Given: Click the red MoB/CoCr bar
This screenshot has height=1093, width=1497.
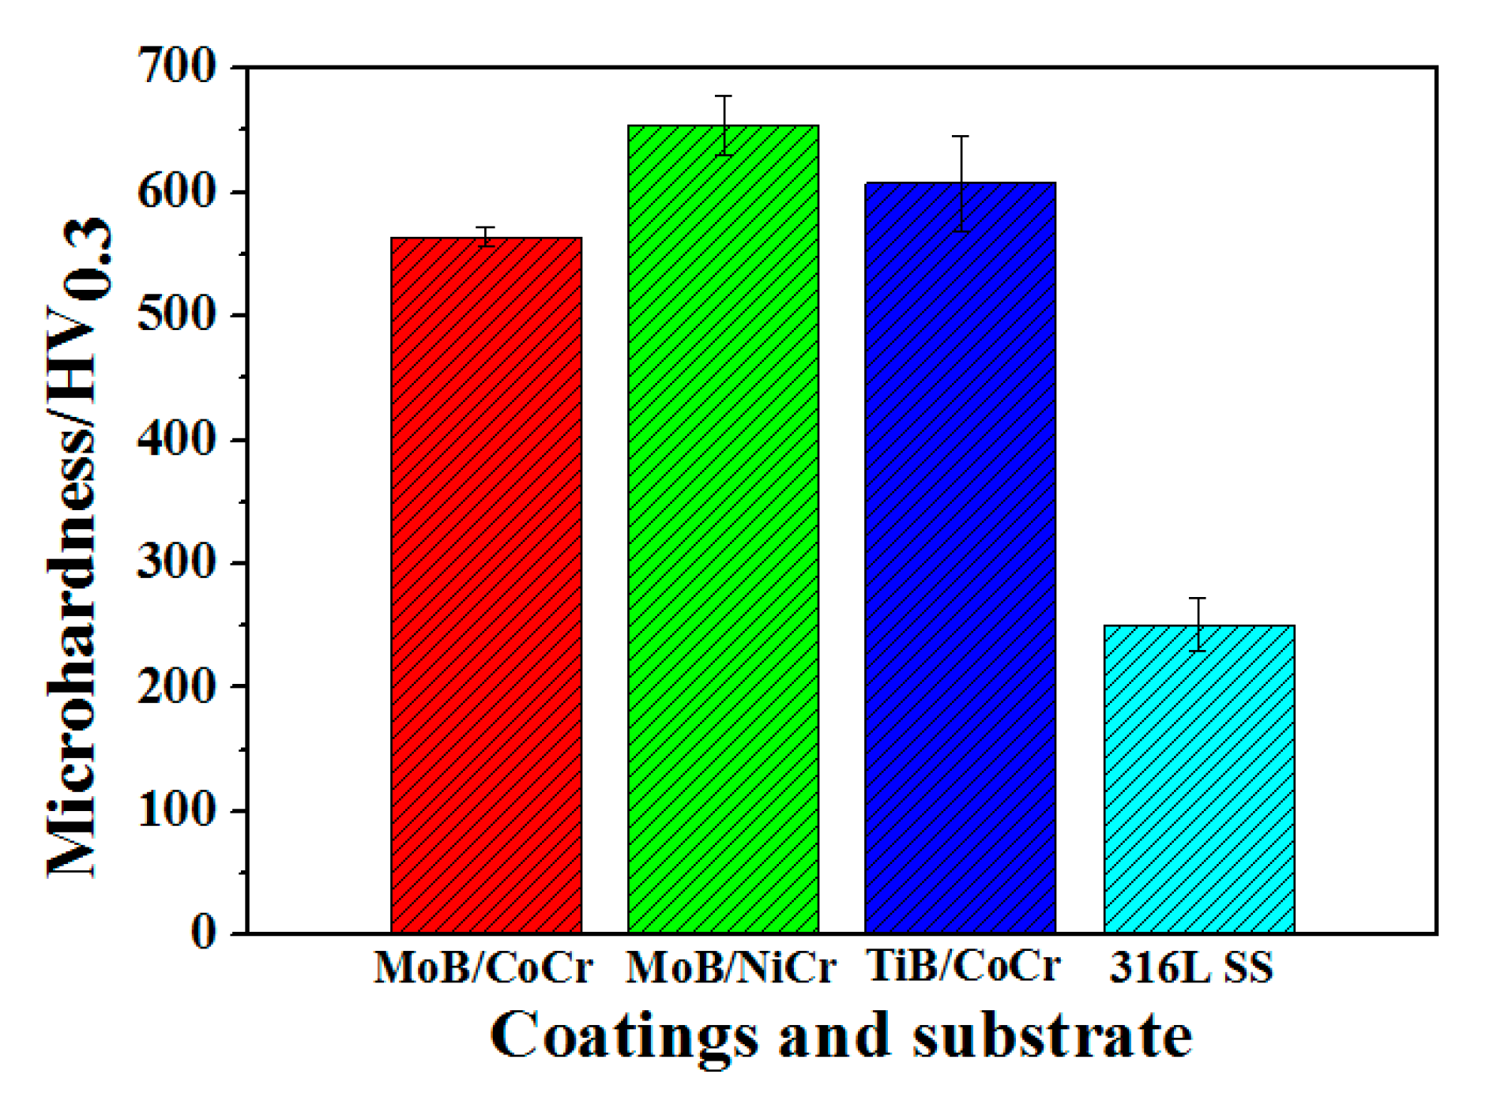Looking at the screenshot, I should [486, 584].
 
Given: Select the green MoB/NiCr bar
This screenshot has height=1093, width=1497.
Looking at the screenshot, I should [723, 529].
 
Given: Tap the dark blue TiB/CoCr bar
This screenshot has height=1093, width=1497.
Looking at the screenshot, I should [960, 557].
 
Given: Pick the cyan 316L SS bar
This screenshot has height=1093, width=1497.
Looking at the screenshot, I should [1198, 778].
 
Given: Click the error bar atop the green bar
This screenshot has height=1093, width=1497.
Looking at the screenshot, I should [724, 125].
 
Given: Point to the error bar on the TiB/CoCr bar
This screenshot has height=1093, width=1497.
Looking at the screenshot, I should [961, 183].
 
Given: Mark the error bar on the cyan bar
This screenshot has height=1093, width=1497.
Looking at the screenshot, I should [1198, 624].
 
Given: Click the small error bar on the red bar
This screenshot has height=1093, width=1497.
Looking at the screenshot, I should [486, 236].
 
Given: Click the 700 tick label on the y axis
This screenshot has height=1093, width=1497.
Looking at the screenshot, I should [177, 66].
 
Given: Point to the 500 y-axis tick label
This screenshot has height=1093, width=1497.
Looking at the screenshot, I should [177, 314].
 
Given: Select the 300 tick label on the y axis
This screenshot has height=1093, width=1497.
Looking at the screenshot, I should [177, 562].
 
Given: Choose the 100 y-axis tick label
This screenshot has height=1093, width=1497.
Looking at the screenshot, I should [177, 809].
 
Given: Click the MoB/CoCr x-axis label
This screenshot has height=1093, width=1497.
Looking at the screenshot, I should [483, 967].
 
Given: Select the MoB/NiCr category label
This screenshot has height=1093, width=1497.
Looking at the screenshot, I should [731, 967].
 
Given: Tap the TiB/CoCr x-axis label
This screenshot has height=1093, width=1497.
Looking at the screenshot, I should [963, 966].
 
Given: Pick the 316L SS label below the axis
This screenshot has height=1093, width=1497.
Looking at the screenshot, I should [1191, 967].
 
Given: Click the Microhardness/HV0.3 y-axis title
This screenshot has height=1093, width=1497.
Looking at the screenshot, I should [79, 545].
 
